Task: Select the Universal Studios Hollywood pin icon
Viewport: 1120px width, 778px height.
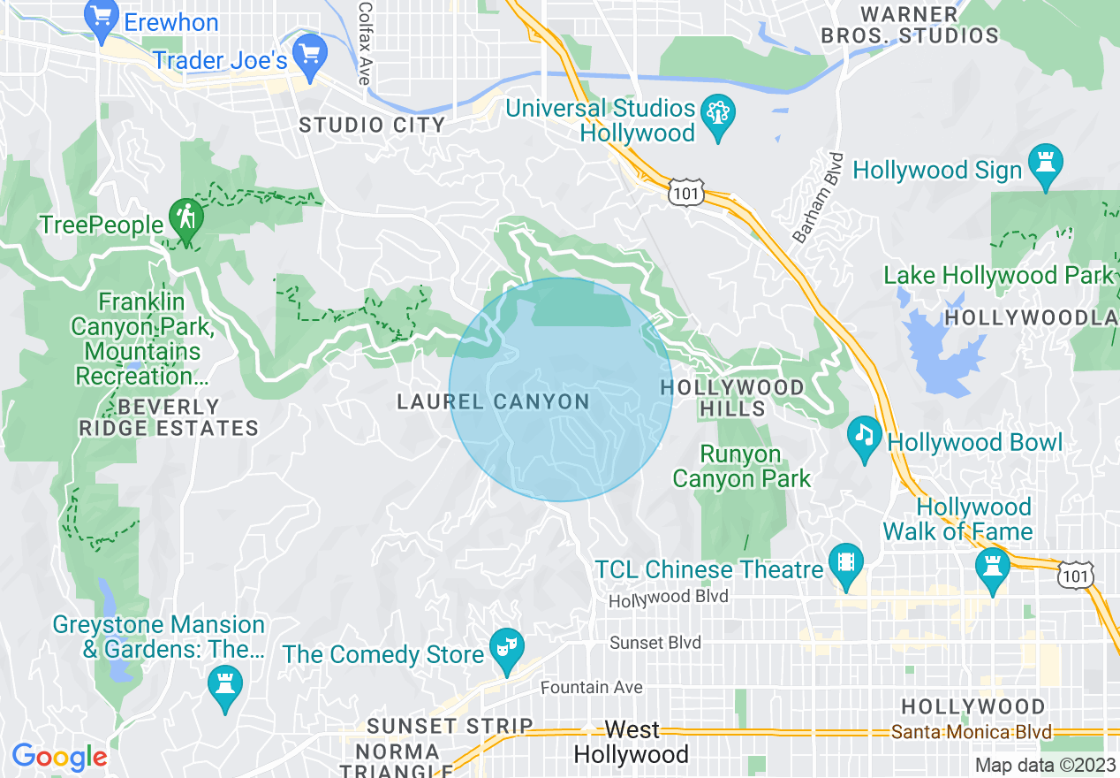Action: tap(717, 116)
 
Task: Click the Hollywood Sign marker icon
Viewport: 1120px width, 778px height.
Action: tap(1047, 166)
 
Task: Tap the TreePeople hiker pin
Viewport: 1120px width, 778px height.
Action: tap(185, 221)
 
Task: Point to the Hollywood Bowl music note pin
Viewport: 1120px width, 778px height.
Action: tap(865, 438)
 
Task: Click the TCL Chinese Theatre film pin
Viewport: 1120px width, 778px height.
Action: tap(846, 565)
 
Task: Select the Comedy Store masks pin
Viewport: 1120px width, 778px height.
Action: tap(507, 650)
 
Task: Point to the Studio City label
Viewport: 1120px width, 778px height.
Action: tap(372, 125)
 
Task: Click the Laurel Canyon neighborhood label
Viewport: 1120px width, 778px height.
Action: tap(493, 402)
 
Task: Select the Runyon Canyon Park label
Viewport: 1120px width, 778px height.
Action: tap(741, 467)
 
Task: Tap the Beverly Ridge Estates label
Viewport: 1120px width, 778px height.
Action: tap(168, 418)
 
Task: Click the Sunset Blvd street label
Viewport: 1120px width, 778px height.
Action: tap(655, 642)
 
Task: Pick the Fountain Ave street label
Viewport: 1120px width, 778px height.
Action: tap(591, 687)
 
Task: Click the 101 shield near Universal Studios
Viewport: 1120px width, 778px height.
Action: tap(685, 192)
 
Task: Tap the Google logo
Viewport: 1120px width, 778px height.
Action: tap(59, 757)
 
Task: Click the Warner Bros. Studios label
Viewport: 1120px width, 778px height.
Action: tap(910, 26)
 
